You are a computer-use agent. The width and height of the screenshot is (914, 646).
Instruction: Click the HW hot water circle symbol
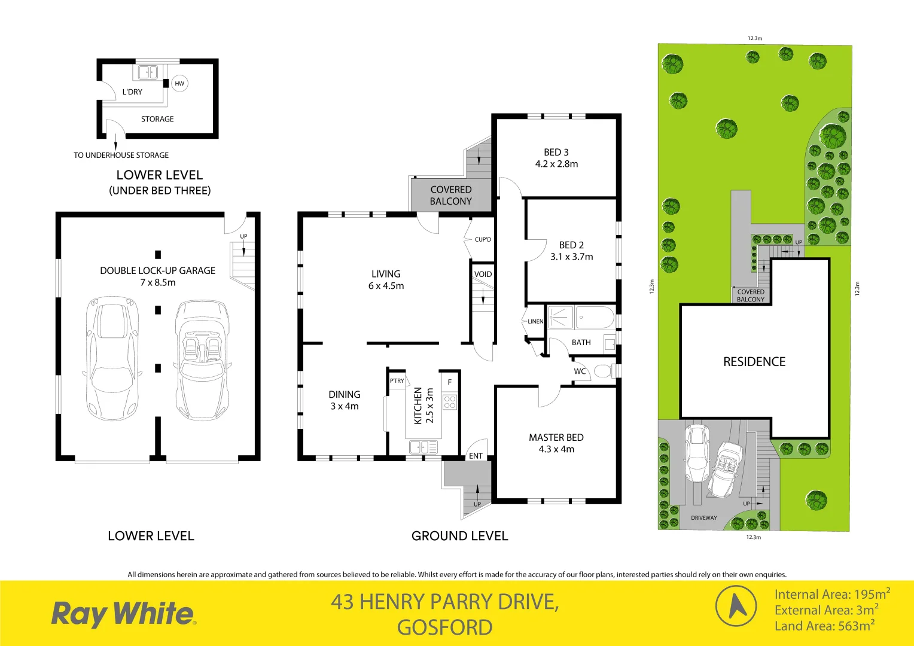click(179, 84)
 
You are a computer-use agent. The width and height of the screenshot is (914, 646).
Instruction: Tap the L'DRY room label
click(132, 92)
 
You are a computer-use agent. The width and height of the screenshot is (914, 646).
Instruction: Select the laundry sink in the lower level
click(148, 72)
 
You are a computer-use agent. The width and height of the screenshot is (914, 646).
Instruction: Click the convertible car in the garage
click(202, 360)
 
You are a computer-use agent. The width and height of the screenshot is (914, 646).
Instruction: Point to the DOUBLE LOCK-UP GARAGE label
click(157, 271)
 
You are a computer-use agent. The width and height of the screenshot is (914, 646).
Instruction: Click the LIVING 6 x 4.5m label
click(386, 280)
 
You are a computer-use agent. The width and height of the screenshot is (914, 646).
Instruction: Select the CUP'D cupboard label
click(483, 240)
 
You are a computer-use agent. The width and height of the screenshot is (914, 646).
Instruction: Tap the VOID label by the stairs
click(483, 275)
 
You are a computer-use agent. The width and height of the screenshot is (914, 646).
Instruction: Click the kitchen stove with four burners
click(450, 402)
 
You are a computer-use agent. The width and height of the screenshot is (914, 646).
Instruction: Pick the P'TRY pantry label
click(397, 381)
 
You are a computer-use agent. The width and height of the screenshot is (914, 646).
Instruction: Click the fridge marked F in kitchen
click(450, 382)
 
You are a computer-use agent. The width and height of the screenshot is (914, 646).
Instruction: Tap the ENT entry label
click(476, 456)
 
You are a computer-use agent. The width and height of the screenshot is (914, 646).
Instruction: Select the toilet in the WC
click(602, 371)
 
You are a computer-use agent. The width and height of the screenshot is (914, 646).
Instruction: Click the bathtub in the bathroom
click(595, 318)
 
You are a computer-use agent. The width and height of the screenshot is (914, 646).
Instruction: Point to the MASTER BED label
click(556, 438)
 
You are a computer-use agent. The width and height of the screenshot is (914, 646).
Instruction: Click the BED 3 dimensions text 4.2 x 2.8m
click(556, 164)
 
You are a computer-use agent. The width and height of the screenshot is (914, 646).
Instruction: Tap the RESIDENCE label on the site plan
click(754, 362)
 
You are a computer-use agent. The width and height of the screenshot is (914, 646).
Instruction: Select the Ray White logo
click(123, 614)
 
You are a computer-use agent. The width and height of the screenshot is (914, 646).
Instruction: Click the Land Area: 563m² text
click(824, 626)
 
